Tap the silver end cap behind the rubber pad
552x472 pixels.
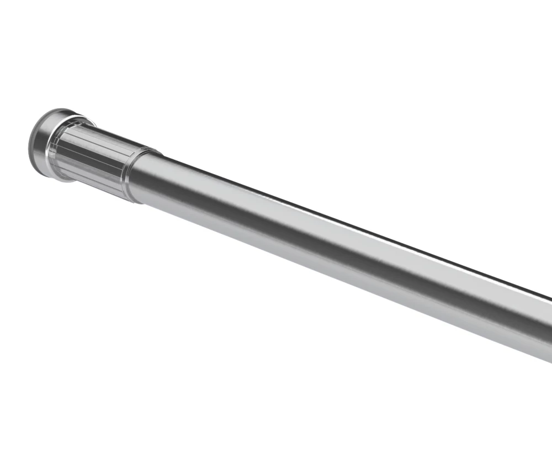click(x=42, y=142)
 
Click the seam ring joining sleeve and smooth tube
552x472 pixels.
click(x=135, y=175)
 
